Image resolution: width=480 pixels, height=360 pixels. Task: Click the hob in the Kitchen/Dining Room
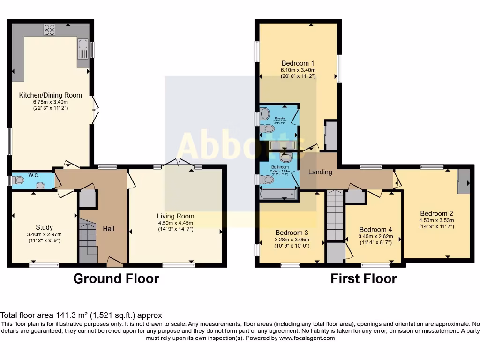[49, 30]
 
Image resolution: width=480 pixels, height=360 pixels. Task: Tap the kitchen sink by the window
[83, 49]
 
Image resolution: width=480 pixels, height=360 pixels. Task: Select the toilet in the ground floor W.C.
[19, 180]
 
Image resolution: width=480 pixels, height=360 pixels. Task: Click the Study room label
[44, 227]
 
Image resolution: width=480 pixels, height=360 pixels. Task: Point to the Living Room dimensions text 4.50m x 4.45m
[176, 223]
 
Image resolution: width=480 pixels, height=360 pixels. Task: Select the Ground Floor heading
[116, 278]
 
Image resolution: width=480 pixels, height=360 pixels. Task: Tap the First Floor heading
[363, 278]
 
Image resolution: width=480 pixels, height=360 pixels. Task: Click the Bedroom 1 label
[298, 63]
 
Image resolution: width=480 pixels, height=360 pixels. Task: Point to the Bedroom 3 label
[292, 233]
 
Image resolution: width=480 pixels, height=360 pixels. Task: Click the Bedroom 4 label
[375, 230]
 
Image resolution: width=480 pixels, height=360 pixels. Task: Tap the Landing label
[320, 172]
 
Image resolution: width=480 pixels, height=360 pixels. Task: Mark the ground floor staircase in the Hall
[88, 241]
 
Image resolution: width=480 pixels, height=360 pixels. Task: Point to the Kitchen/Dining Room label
[50, 95]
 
